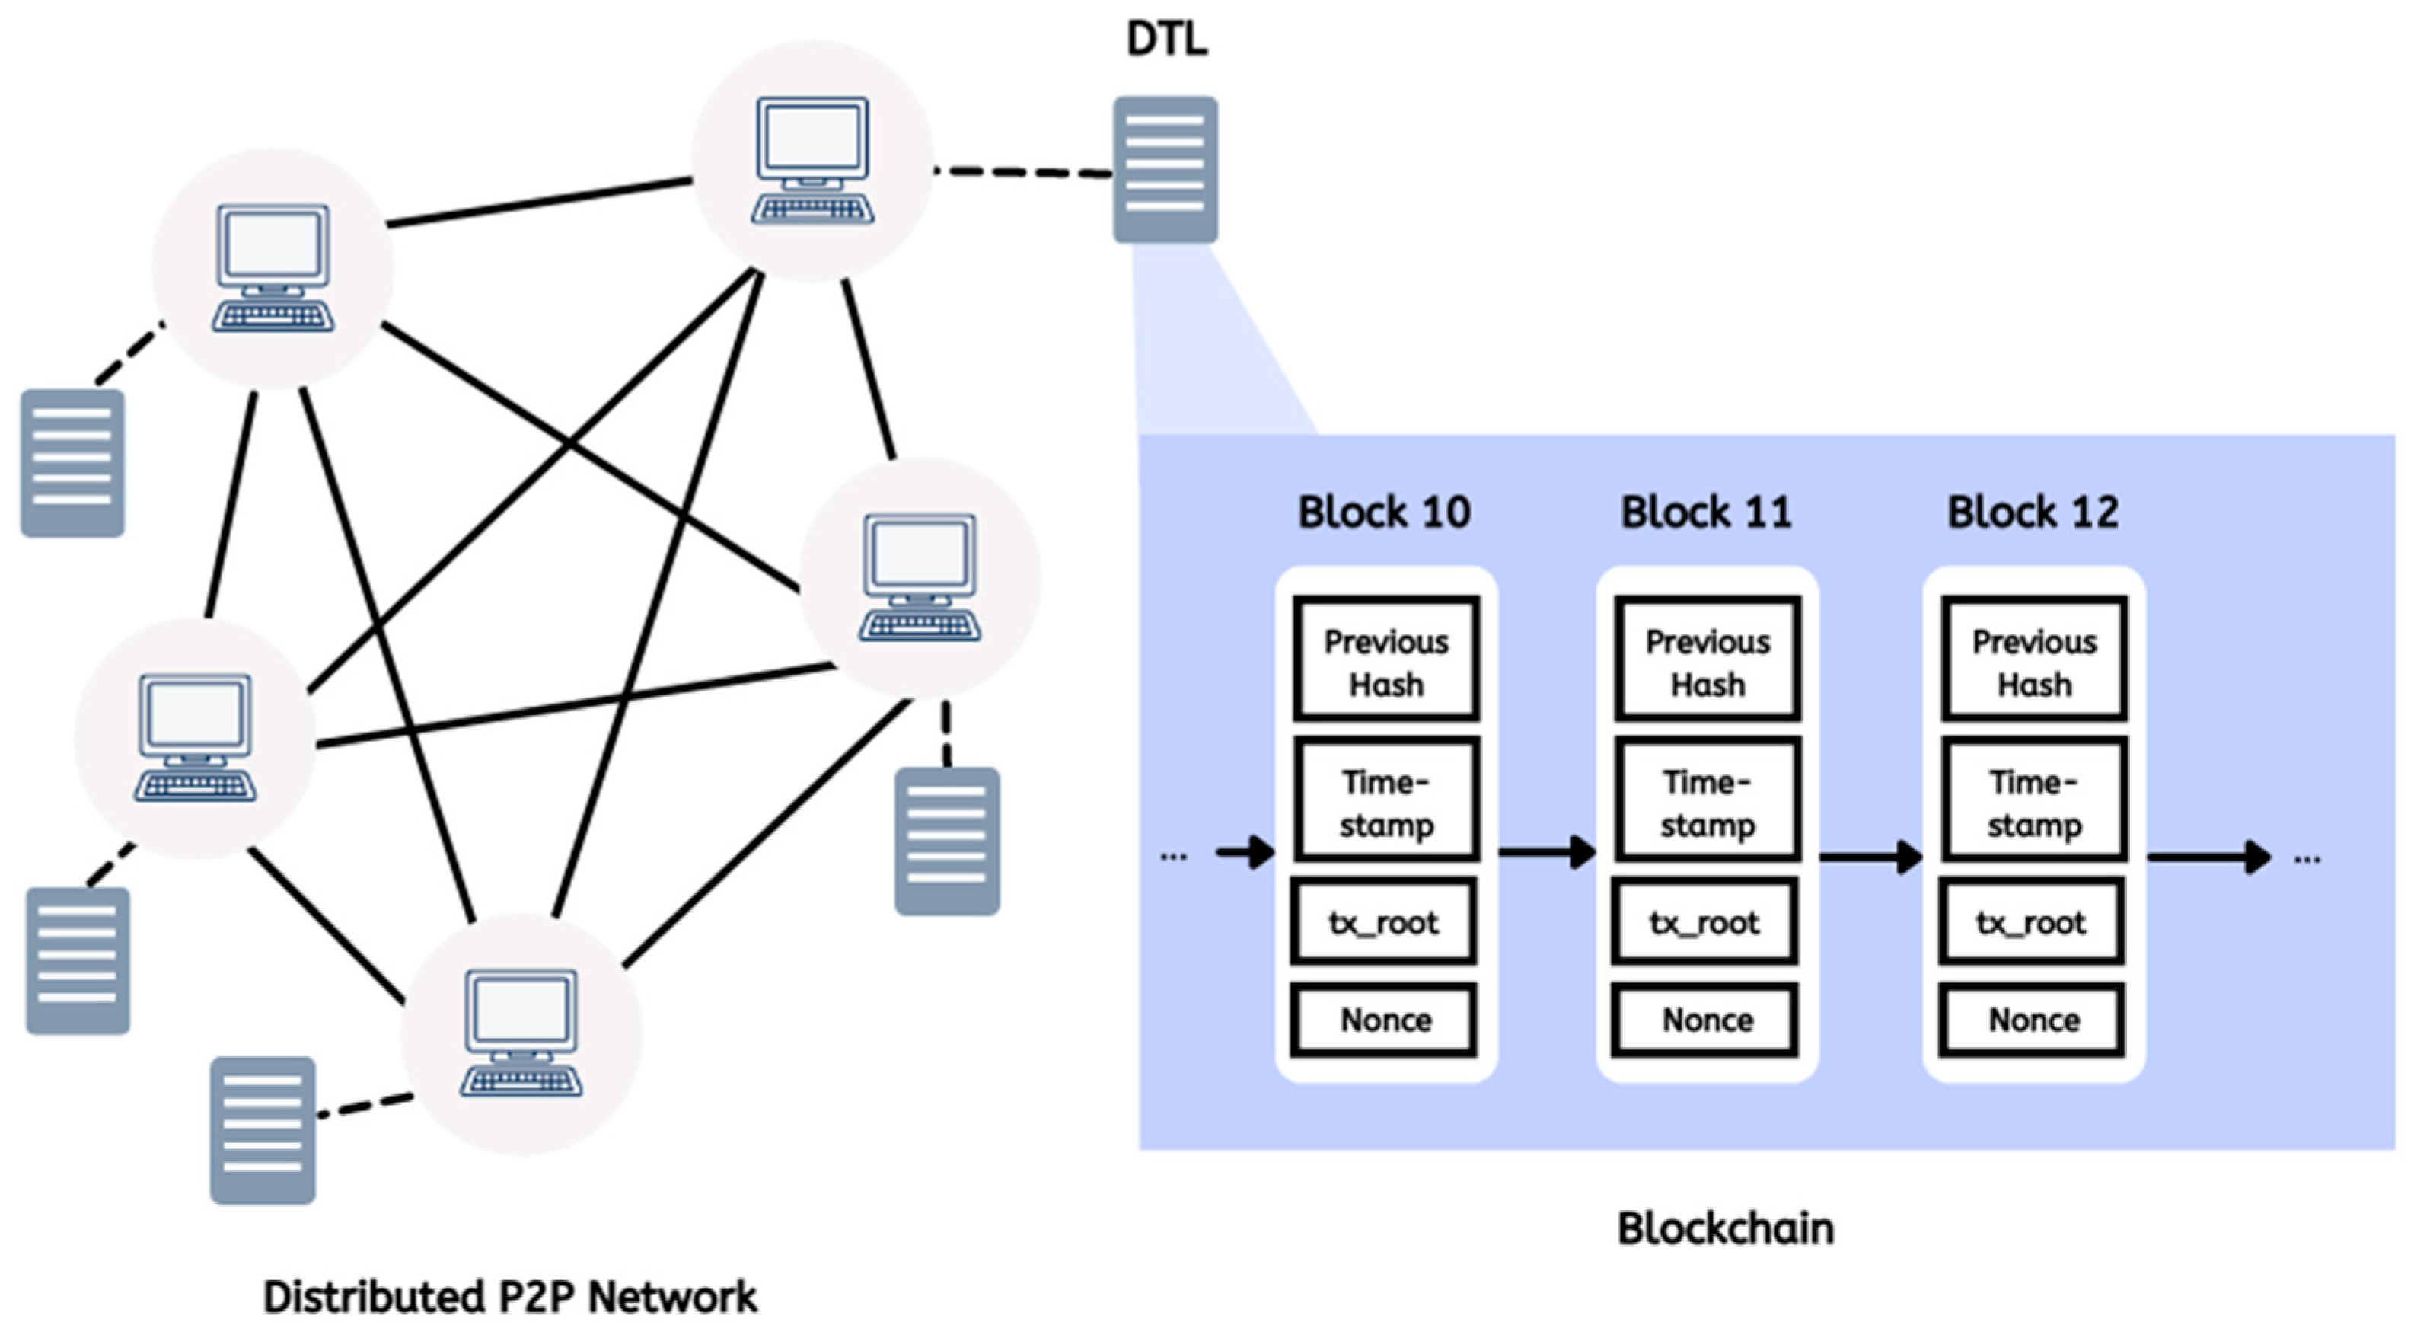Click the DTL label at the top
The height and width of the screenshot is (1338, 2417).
(x=1166, y=40)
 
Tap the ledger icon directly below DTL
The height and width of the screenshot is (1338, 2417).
(x=1165, y=170)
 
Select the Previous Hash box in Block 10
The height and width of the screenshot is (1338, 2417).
(x=1385, y=660)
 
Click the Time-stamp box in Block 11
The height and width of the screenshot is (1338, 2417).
(x=1707, y=801)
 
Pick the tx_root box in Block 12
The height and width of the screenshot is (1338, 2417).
(x=2031, y=922)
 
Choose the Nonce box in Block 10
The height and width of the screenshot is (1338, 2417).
(x=1385, y=1019)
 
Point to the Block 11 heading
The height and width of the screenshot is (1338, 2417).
(x=1706, y=513)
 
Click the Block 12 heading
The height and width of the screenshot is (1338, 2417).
(x=2033, y=513)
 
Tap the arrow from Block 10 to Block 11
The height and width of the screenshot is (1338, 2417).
(x=1546, y=852)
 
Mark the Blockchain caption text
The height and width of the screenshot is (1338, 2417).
(x=1724, y=1228)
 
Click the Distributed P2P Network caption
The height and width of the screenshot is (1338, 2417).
(x=509, y=1298)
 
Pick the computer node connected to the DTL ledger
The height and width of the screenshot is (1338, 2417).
(x=812, y=161)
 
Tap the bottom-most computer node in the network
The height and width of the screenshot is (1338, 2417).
(x=521, y=1034)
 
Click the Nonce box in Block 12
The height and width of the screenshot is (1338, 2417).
(x=2033, y=1019)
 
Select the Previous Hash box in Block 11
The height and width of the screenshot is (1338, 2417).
(x=1707, y=660)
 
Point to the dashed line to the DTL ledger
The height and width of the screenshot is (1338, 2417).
(x=1022, y=171)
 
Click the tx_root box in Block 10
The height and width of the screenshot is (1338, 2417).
(x=1384, y=922)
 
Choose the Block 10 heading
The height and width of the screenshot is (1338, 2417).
(x=1384, y=513)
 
